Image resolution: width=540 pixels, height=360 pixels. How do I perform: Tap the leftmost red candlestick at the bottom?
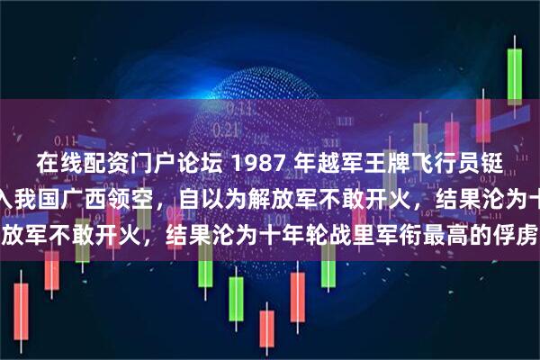pos(20,310)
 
